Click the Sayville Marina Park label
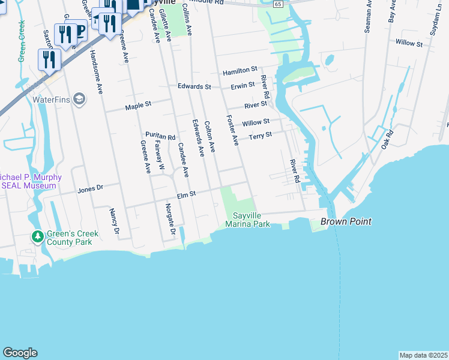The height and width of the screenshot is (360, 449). pos(248,220)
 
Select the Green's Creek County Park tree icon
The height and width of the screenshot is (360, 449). pos(38,237)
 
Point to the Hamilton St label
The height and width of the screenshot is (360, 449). pos(240,71)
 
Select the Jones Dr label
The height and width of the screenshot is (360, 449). pos(91,188)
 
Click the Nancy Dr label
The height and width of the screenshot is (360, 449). pos(113,221)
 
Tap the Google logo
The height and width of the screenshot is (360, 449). pos(20,353)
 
